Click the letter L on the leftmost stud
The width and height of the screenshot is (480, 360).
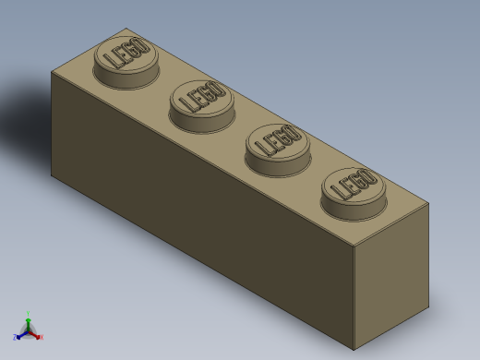coord(112,62)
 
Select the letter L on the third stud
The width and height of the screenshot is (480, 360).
coord(262,148)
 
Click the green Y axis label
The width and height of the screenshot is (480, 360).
coord(29,313)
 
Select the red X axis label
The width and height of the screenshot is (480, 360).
coord(42,337)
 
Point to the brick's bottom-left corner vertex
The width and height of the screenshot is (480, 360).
coord(53,174)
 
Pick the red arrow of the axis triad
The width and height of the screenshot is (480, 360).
coord(36,334)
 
